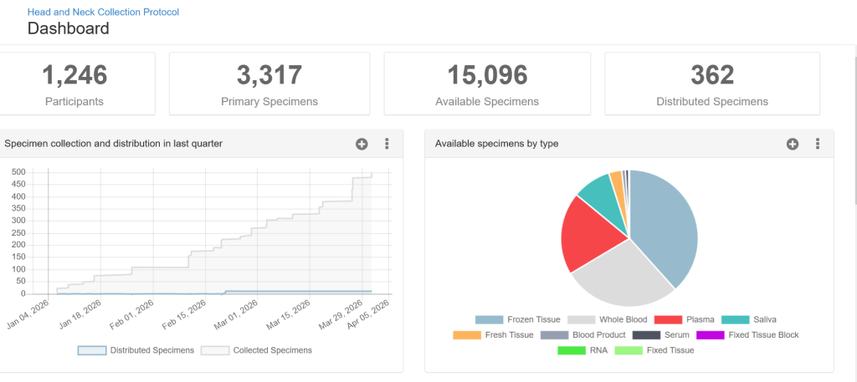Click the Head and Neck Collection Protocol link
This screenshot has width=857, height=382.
pos(103,13)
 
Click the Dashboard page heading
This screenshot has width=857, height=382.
pos(68,28)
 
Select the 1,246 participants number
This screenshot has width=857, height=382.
pos(74,75)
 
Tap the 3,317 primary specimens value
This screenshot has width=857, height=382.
pos(269,75)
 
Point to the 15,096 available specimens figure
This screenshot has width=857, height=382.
pos(487,75)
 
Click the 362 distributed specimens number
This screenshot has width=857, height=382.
pos(712,75)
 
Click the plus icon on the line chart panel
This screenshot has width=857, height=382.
pos(362,144)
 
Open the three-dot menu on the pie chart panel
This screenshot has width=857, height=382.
pos(817,144)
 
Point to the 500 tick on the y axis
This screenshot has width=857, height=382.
pos(17,172)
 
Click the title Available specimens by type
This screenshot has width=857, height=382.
pos(496,144)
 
